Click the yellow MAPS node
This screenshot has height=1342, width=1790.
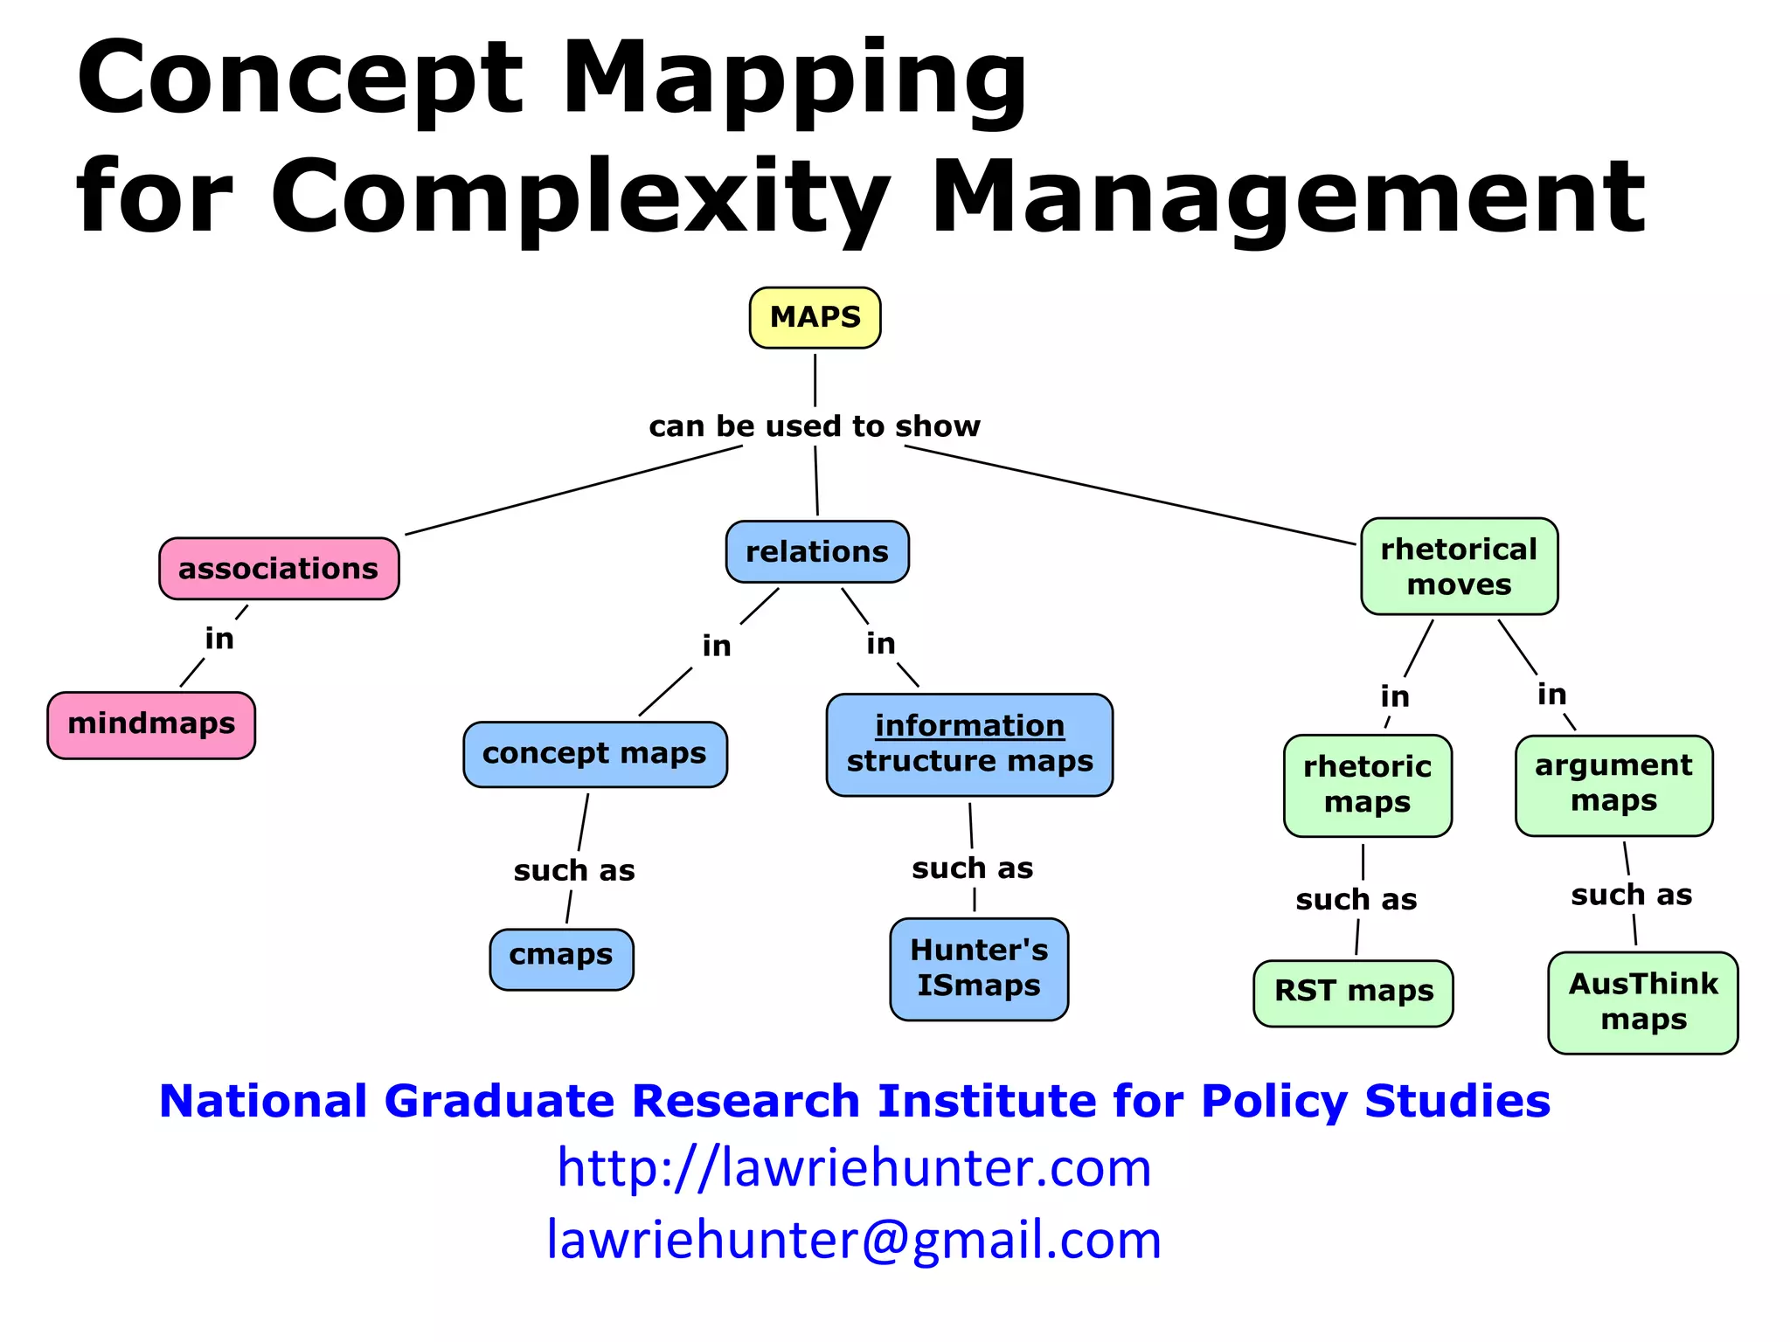coord(815,317)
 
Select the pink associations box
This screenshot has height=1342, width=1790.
coord(279,569)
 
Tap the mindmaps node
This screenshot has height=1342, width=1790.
coord(151,724)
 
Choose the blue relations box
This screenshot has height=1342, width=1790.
coord(817,552)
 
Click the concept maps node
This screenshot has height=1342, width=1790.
coord(594,754)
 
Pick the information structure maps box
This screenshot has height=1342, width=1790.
coord(969,744)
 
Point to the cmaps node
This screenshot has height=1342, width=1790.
coord(561,958)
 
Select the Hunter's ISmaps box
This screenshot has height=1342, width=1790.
coord(979,968)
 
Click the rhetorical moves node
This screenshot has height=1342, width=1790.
coord(1459,566)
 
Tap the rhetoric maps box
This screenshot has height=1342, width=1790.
coord(1367,785)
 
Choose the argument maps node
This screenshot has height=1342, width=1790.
coord(1613,784)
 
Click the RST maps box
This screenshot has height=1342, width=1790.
coord(1353,993)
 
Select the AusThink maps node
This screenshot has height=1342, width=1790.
coord(1642,1002)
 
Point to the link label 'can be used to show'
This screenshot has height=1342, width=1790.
coord(815,426)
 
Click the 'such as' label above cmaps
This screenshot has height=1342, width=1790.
coord(574,871)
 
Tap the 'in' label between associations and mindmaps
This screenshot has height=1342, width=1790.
coord(219,640)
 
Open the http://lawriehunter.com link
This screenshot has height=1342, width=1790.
coord(854,1167)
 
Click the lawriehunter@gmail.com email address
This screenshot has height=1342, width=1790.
coord(854,1240)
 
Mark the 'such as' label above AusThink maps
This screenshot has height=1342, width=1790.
coord(1631,896)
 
